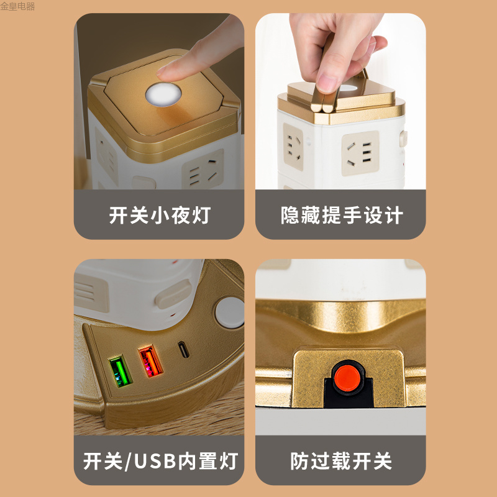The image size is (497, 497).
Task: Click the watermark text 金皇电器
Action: pyautogui.click(x=18, y=7)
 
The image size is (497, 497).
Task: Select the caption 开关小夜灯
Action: pyautogui.click(x=160, y=216)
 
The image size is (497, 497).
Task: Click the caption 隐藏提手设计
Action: pyautogui.click(x=342, y=216)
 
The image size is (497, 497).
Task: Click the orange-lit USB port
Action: pyautogui.click(x=150, y=360)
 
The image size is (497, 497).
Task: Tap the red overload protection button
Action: pyautogui.click(x=345, y=375)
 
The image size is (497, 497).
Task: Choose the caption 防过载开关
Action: pyautogui.click(x=342, y=461)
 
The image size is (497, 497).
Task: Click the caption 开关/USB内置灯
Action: pyautogui.click(x=160, y=461)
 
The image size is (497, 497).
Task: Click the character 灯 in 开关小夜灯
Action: pyautogui.click(x=201, y=216)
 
